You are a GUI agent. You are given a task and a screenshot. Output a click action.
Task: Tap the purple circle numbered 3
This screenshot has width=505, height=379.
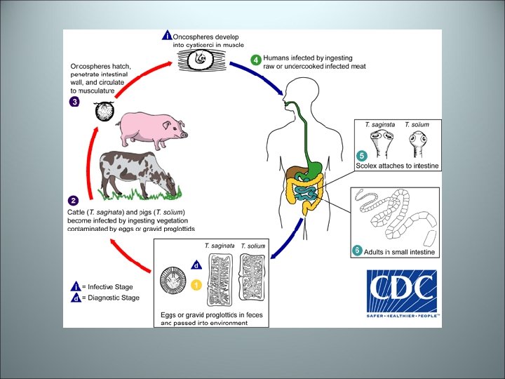click(x=74, y=101)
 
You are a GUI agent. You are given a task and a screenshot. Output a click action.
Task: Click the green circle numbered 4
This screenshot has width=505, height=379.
click(x=256, y=59)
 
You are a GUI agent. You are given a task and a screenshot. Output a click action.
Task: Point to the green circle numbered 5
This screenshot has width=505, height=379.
click(x=361, y=155)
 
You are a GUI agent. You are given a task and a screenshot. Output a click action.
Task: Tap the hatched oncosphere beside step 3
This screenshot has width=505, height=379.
click(x=105, y=111)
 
